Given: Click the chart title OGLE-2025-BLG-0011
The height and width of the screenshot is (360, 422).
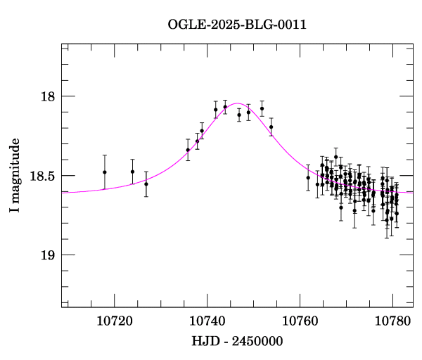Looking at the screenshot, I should point(237,25).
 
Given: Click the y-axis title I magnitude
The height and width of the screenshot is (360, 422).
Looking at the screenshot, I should point(15,176).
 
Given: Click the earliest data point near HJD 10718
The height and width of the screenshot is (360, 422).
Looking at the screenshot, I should point(105,172).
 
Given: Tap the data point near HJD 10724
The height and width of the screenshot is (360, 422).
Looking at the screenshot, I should point(132,172).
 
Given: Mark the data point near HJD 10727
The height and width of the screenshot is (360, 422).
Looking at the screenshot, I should point(146,184).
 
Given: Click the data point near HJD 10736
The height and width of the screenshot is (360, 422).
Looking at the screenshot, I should point(188,150).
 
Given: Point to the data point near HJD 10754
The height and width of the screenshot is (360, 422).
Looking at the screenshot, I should point(271,127).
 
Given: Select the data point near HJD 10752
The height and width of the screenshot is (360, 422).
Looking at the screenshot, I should point(262,108).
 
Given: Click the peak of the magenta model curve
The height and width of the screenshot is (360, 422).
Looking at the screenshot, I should point(238,103).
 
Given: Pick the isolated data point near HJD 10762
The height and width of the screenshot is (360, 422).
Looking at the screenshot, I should point(308,177).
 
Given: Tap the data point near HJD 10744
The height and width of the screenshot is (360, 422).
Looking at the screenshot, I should point(225,107).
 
